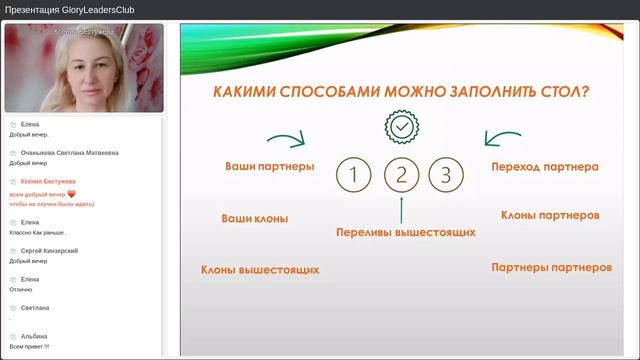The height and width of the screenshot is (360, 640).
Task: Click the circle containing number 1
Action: point(354,176)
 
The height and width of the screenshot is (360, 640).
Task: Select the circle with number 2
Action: point(400,176)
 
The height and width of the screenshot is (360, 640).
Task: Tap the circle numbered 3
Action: point(446,176)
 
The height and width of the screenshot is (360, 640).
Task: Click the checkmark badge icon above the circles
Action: point(400,127)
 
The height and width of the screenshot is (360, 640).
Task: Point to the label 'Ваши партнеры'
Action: point(269,166)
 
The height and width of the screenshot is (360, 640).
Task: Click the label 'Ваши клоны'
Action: point(255,218)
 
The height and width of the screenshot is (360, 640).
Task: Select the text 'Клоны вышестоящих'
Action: point(260,269)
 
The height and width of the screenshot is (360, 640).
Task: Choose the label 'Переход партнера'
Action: point(545,167)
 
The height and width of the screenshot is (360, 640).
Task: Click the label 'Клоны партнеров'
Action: point(550,215)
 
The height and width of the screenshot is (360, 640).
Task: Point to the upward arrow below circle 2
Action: point(400,209)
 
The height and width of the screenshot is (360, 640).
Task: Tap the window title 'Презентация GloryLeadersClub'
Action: point(70,10)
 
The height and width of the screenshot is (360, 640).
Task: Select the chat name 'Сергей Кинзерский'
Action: point(49,250)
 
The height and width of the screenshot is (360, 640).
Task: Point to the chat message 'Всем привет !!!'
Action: point(29,346)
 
